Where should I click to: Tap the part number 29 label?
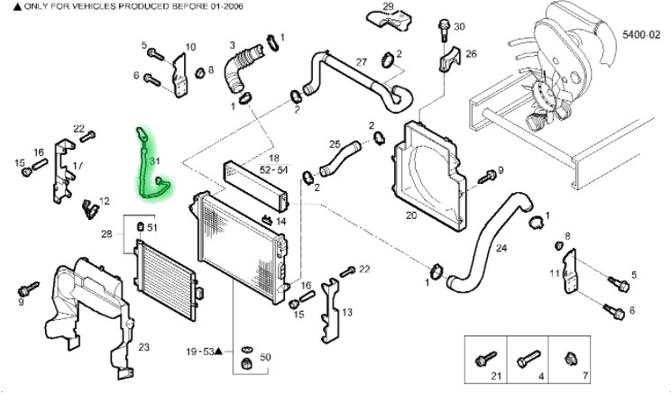click(x=389, y=7)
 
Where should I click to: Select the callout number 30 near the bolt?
click(x=459, y=27)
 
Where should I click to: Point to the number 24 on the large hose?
click(x=501, y=248)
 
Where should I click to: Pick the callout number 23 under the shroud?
click(x=144, y=347)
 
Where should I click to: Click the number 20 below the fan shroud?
click(x=411, y=215)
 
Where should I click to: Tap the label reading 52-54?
click(x=274, y=169)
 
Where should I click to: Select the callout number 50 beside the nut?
click(x=265, y=358)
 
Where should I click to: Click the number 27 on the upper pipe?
click(x=361, y=62)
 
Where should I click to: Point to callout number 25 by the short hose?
click(x=335, y=144)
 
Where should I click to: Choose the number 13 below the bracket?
click(x=347, y=312)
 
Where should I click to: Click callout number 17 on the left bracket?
click(x=78, y=166)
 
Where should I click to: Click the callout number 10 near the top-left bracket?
click(x=190, y=47)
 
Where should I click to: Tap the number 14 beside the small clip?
click(x=280, y=221)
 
